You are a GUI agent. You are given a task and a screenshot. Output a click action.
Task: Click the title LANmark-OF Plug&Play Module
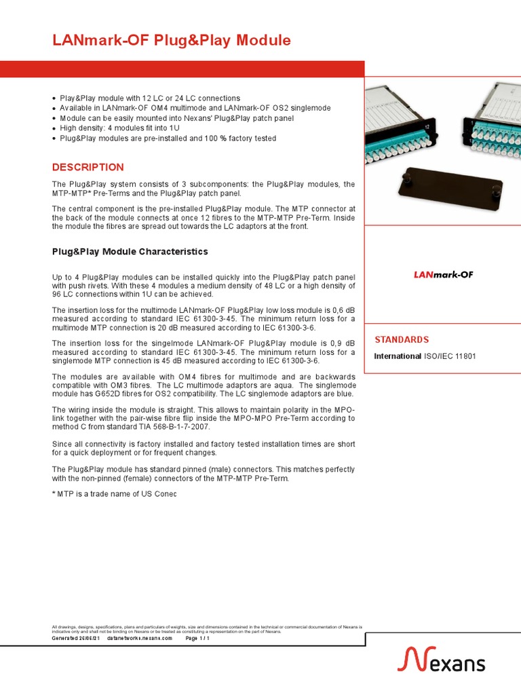(172, 41)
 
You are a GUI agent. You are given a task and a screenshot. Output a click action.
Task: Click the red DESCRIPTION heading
(88, 167)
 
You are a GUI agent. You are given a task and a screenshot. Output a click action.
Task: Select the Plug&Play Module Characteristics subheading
(130, 252)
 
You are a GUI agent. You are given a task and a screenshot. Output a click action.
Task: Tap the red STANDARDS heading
(402, 339)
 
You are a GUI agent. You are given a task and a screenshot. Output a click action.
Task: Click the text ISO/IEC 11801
(450, 356)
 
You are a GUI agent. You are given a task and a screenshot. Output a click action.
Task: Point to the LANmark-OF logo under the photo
(443, 275)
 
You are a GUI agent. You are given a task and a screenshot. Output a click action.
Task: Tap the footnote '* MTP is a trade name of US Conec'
(115, 493)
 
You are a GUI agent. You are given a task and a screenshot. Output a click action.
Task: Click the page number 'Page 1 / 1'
(197, 639)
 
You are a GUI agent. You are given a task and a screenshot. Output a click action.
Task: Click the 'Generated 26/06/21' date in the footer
(76, 639)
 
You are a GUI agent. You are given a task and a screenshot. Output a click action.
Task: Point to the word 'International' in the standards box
(398, 356)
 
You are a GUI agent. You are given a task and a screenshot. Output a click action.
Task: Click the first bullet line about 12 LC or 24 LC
(150, 98)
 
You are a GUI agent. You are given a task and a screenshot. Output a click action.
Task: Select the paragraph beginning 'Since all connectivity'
(204, 448)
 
